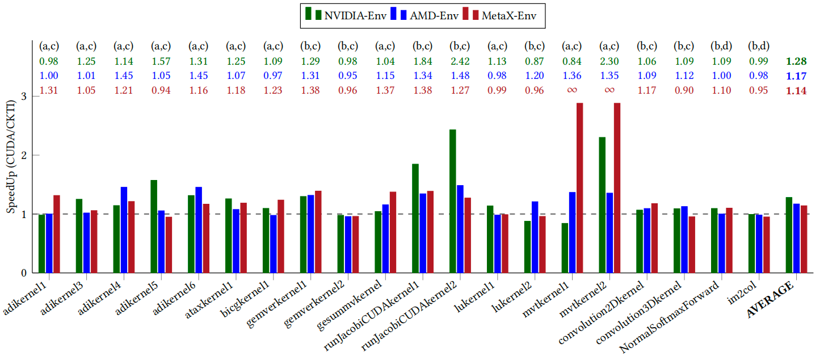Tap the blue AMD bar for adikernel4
pos(124,229)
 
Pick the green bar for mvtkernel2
pos(602,204)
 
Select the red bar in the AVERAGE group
pos(804,238)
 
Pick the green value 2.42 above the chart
pos(460,61)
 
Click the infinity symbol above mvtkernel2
pos(609,90)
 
